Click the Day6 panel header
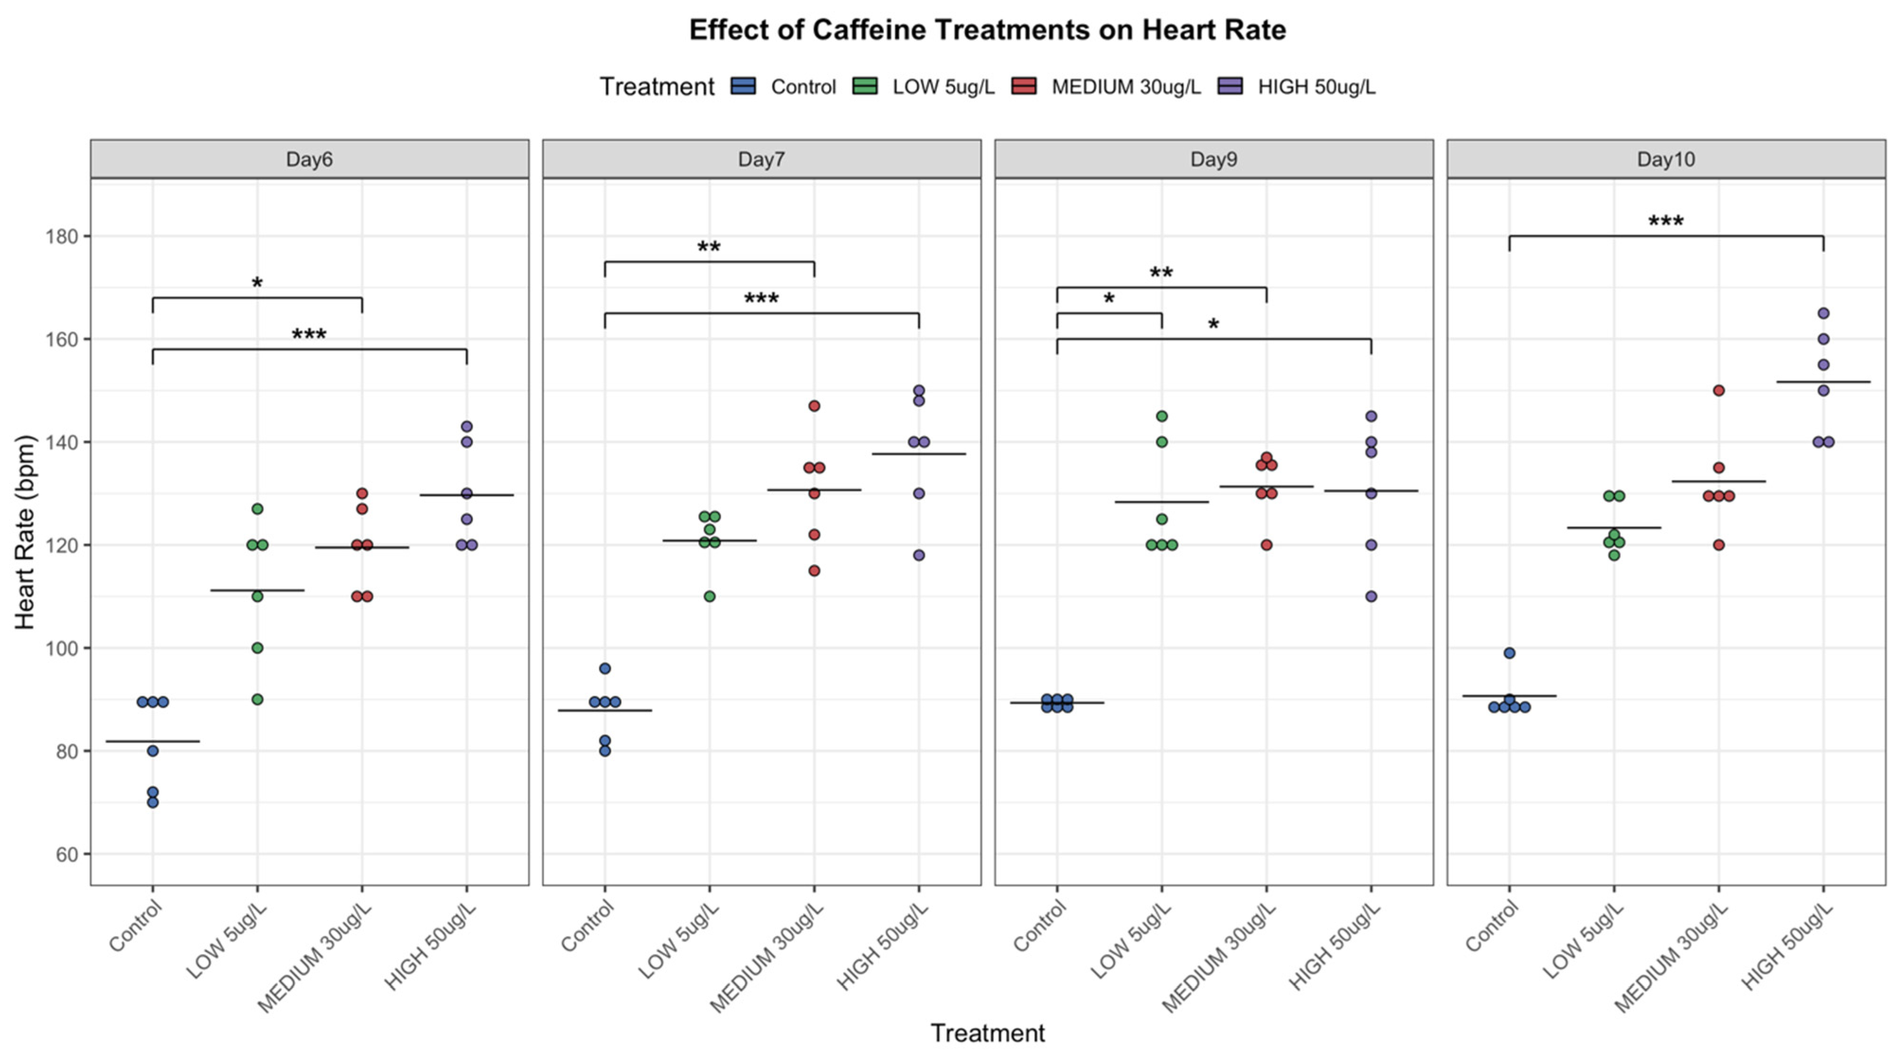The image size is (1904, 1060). coord(309,159)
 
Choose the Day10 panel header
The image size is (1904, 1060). coord(1665,159)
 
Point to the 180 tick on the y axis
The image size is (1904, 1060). coord(62,237)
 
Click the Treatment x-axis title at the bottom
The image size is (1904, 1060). coord(988,1033)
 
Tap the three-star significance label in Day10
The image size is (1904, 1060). coord(1666,221)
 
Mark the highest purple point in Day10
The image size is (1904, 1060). coord(1824,313)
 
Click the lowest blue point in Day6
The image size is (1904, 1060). coord(153,802)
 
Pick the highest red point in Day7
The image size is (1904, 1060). coord(815,406)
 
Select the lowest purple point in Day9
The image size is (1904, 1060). coord(1371,596)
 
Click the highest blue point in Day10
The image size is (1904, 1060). coord(1509,653)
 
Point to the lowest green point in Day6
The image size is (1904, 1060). coord(257,699)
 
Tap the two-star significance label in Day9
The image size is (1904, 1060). coord(1161,274)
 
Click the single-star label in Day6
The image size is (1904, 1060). coord(257,283)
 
